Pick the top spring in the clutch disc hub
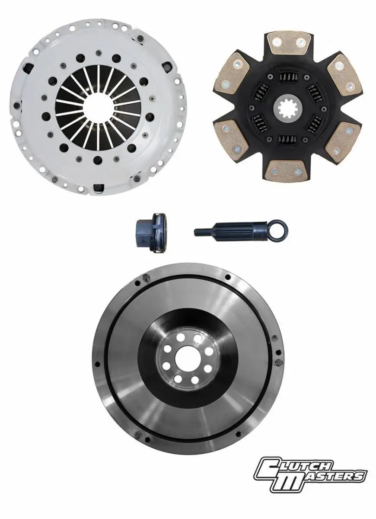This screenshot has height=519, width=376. (x=287, y=78)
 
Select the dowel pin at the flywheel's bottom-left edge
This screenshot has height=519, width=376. (x=137, y=434)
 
